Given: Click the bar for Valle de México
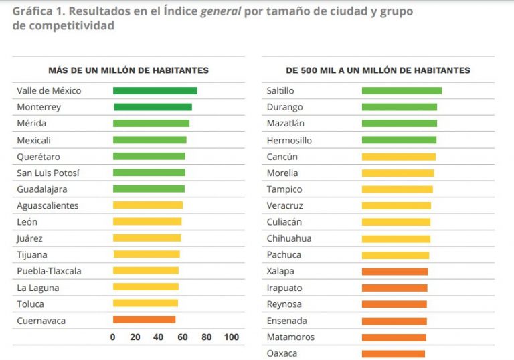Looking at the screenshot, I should (x=155, y=90).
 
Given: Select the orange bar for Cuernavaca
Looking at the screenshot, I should (x=144, y=320).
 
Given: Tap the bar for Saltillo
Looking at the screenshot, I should (x=402, y=90).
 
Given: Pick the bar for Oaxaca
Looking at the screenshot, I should (x=393, y=353).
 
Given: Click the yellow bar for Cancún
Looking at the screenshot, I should (x=398, y=157).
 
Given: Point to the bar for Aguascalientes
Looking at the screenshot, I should (x=147, y=205).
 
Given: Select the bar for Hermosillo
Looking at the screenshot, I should (x=399, y=140).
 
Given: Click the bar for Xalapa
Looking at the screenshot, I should (x=394, y=271).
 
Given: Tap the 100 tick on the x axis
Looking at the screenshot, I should (x=231, y=337).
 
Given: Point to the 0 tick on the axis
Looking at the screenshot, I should (x=112, y=337).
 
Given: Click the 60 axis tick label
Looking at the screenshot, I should (x=182, y=337).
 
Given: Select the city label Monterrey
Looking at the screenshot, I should (x=39, y=107).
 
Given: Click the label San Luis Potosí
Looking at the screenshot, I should (x=48, y=173).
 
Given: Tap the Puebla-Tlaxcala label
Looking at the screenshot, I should (x=50, y=271).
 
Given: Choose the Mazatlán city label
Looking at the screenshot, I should (x=285, y=123).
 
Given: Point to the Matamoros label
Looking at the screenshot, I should (x=290, y=337).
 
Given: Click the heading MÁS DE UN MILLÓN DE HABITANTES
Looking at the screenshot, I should (x=128, y=70).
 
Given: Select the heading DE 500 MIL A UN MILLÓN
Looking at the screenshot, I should (x=378, y=70).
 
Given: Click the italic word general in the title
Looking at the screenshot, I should (x=220, y=11).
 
